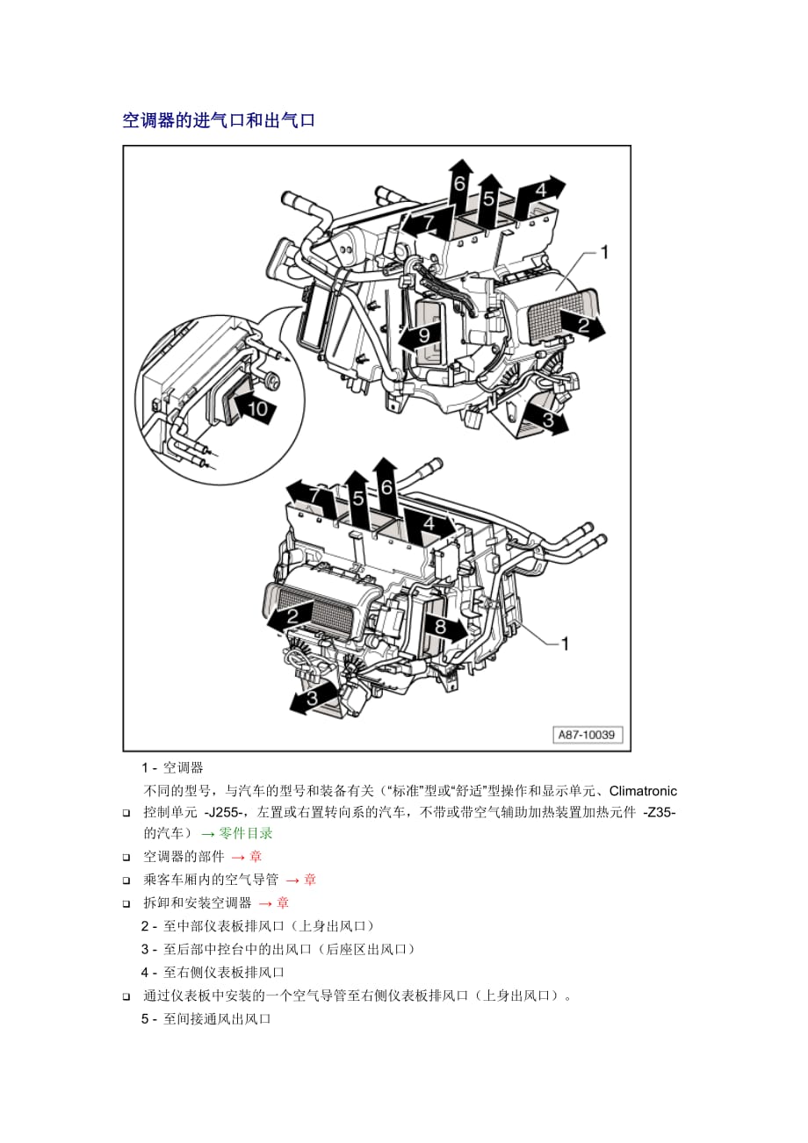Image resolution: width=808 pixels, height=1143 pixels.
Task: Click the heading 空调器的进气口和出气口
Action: pyautogui.click(x=219, y=120)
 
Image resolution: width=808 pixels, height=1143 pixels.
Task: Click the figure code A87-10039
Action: pyautogui.click(x=588, y=736)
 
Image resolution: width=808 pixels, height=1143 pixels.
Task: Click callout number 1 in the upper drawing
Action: pyautogui.click(x=604, y=253)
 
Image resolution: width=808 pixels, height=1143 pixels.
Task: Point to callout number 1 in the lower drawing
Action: pyautogui.click(x=565, y=644)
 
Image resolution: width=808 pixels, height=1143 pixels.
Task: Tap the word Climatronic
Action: pyautogui.click(x=643, y=791)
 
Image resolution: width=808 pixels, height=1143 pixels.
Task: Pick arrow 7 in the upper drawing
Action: pyautogui.click(x=428, y=223)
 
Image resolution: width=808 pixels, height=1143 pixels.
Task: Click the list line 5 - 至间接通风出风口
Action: pyautogui.click(x=206, y=1019)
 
